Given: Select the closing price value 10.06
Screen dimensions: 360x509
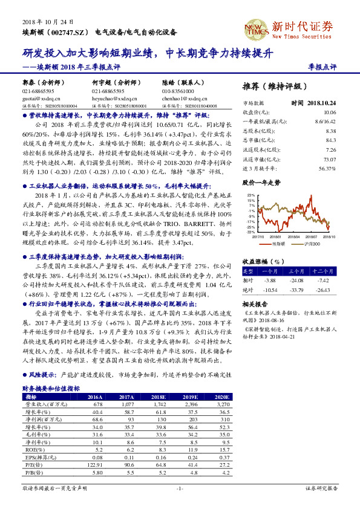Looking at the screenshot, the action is (x=329, y=112).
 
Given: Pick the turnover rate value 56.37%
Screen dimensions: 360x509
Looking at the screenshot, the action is (x=327, y=169).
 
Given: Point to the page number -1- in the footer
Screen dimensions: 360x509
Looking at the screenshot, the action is (x=180, y=487).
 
